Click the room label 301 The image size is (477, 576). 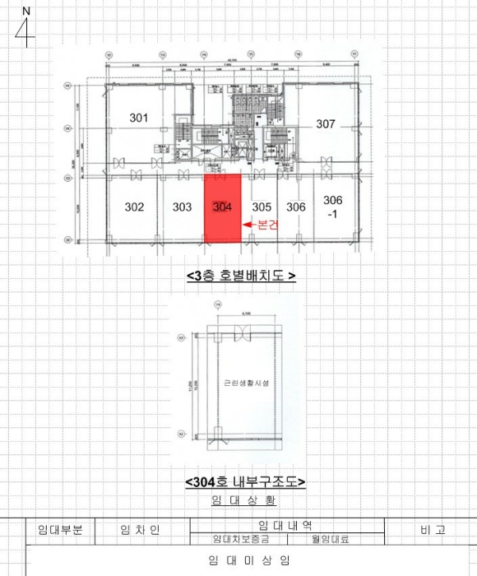[x=139, y=118]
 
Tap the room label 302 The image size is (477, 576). [x=135, y=207]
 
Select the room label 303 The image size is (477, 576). [x=183, y=207]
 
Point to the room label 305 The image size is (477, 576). [x=262, y=207]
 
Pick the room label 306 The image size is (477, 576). [x=296, y=207]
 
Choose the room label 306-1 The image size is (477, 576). [x=333, y=206]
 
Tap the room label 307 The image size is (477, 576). [x=326, y=124]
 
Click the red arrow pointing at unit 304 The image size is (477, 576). [x=247, y=224]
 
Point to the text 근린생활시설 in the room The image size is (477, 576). [x=239, y=383]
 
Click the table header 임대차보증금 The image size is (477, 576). [x=239, y=540]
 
